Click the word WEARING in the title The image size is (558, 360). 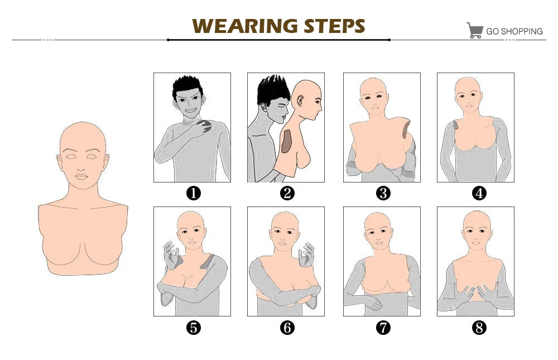[245, 26]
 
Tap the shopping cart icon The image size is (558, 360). [475, 30]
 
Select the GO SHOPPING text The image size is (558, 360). [514, 31]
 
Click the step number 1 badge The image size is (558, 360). [194, 193]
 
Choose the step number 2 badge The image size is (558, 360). [287, 193]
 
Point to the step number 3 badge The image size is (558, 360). [383, 193]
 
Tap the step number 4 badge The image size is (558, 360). [479, 193]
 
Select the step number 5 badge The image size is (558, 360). [194, 328]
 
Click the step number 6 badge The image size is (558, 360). [287, 328]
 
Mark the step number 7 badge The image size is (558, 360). [383, 328]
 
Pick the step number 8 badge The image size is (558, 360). [479, 328]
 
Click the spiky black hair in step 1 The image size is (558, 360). [187, 85]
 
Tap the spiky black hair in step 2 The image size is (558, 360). [273, 89]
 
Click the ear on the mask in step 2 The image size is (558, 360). [300, 101]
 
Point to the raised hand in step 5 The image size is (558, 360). [171, 255]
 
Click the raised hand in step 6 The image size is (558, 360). [306, 255]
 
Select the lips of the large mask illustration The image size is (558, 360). [81, 176]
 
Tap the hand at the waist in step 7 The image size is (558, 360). [373, 302]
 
